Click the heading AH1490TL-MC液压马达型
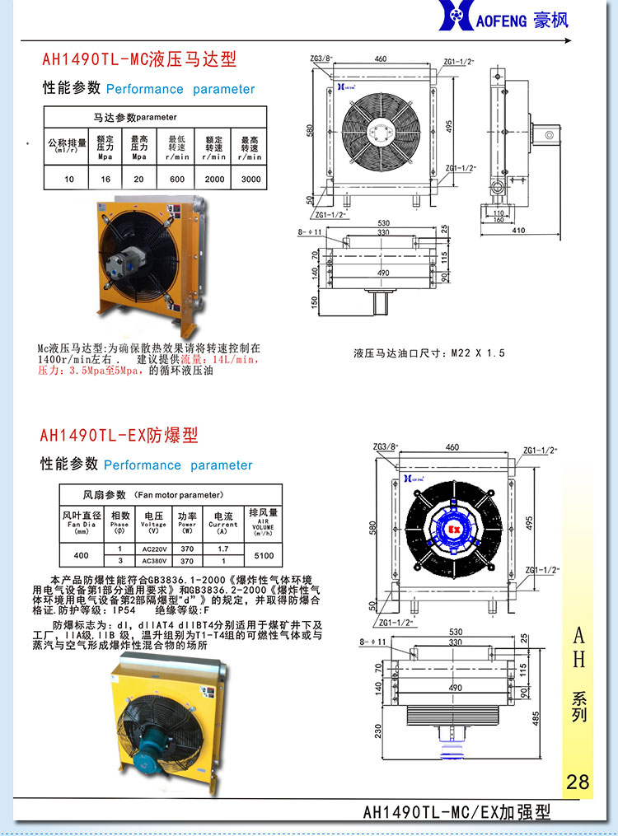pyautogui.click(x=139, y=59)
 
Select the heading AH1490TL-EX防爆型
pyautogui.click(x=119, y=435)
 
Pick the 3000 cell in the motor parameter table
pyautogui.click(x=250, y=179)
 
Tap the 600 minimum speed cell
pyautogui.click(x=177, y=179)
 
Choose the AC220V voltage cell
pyautogui.click(x=153, y=549)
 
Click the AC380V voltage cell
pyautogui.click(x=153, y=561)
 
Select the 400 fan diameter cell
pyautogui.click(x=81, y=555)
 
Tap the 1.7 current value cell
pyautogui.click(x=222, y=549)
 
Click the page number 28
pyautogui.click(x=578, y=781)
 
